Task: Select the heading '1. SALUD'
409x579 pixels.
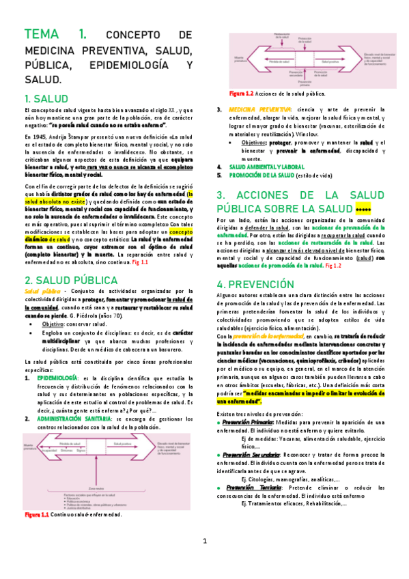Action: tap(46, 98)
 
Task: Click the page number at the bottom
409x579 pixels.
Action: tap(204, 561)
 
